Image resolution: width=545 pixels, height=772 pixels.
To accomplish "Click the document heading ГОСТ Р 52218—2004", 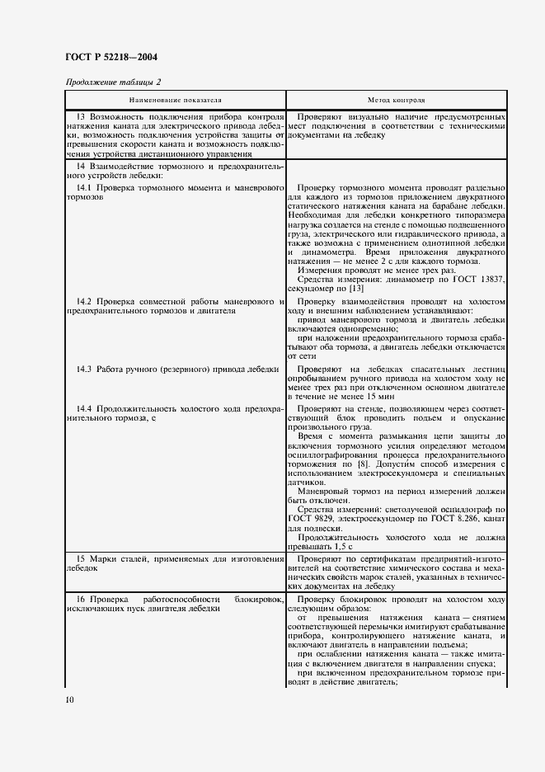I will [110, 58].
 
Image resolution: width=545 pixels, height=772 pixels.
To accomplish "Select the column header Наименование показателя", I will [175, 99].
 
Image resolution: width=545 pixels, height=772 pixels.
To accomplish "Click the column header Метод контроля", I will [397, 99].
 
